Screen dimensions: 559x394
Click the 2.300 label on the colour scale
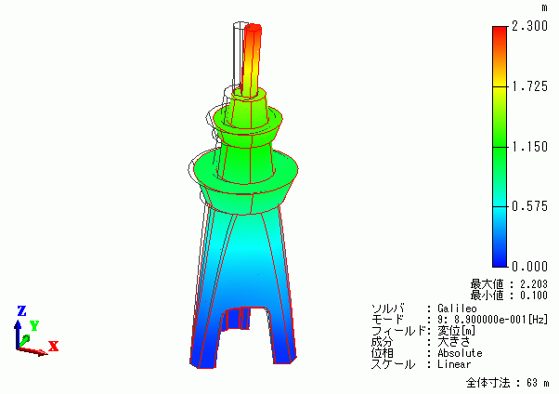click(x=529, y=26)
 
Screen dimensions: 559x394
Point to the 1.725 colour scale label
click(x=529, y=86)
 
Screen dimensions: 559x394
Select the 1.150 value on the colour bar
click(x=529, y=147)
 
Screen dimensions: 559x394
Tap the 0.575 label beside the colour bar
click(x=529, y=206)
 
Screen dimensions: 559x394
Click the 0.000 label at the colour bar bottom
click(x=529, y=267)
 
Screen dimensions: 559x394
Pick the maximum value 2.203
click(x=533, y=284)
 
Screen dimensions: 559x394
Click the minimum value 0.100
click(x=533, y=295)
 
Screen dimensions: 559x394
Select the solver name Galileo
click(x=457, y=309)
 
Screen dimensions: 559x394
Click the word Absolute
click(x=460, y=353)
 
